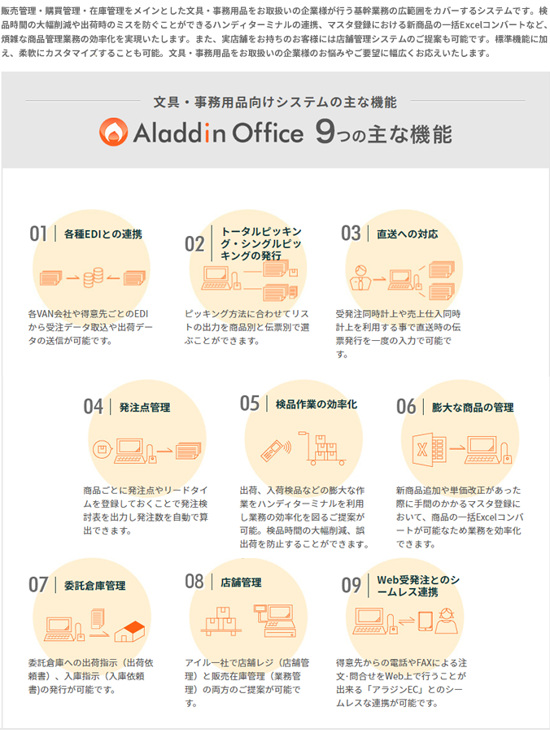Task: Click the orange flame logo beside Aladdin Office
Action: point(113,132)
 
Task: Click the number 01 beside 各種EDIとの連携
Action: point(38,233)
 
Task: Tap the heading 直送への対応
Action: point(408,234)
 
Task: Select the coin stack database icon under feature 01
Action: point(93,277)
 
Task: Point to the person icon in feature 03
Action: point(360,277)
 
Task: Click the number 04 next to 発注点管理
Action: point(93,407)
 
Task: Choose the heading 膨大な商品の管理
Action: point(473,407)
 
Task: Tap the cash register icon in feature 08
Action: point(274,621)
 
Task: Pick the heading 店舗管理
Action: point(242,582)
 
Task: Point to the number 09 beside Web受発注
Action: point(351,585)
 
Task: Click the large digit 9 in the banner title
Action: point(325,133)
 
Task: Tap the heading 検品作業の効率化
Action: point(316,404)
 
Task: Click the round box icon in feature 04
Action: point(102,450)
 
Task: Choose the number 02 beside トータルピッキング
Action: point(194,244)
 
